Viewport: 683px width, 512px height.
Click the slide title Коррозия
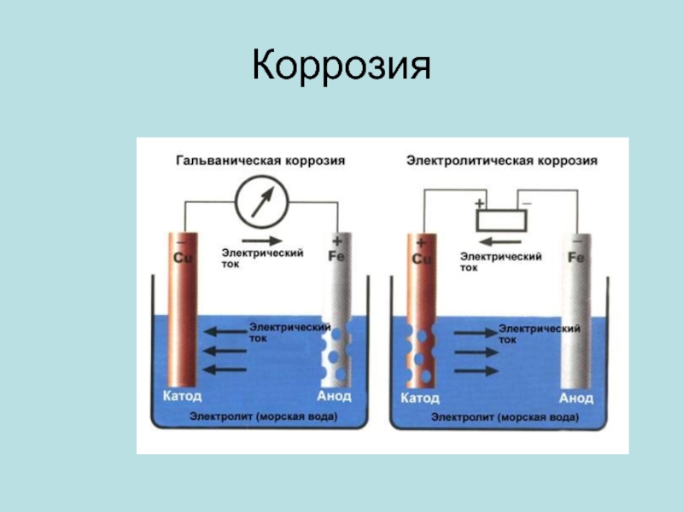point(341,67)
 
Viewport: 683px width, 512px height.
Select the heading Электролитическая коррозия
point(501,160)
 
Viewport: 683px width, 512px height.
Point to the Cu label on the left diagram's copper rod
point(182,257)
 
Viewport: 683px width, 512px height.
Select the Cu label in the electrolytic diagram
point(422,258)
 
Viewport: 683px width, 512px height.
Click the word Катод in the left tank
point(182,397)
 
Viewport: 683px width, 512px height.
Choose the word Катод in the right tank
point(420,398)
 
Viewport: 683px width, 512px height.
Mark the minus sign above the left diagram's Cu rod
point(182,241)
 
